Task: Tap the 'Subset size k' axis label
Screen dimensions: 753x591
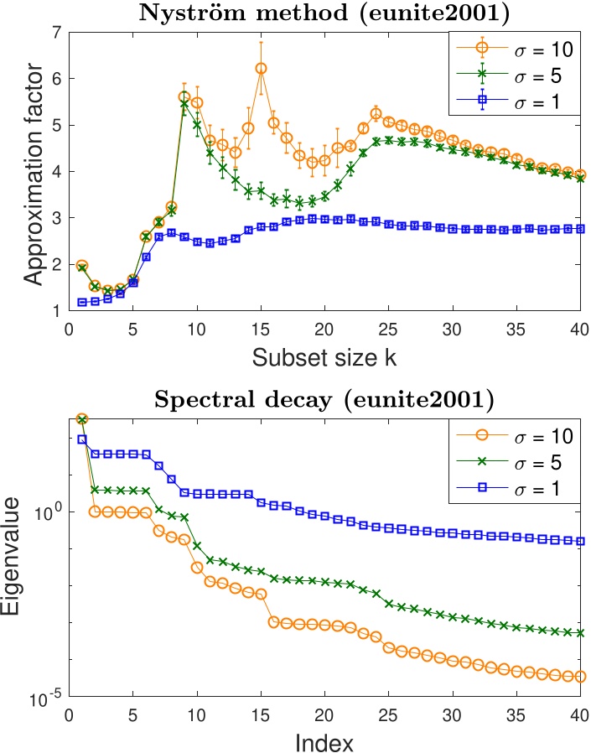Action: [x=324, y=358]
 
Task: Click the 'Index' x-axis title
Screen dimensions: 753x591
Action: [x=324, y=742]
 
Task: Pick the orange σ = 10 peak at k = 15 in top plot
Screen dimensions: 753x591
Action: [x=261, y=69]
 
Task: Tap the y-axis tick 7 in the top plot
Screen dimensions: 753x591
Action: [x=57, y=33]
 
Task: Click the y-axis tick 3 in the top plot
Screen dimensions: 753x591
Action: [x=57, y=218]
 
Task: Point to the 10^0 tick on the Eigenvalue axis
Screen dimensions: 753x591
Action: [x=47, y=512]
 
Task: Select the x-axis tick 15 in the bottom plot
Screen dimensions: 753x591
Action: [x=261, y=714]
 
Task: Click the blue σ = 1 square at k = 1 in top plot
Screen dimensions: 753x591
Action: [x=82, y=302]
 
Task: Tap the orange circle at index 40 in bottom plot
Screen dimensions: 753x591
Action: [x=580, y=676]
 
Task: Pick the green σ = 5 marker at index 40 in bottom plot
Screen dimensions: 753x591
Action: [x=580, y=633]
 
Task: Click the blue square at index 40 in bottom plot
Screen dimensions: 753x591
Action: [x=580, y=541]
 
